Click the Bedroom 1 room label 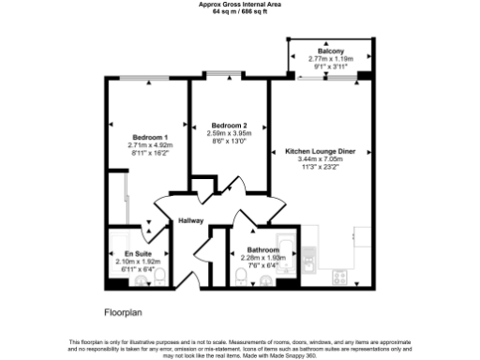(149, 137)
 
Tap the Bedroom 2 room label (229, 126)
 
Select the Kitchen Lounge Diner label (320, 151)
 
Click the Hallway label (192, 221)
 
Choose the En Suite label (138, 253)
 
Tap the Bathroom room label (261, 250)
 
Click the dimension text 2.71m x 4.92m (150, 145)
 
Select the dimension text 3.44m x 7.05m (320, 159)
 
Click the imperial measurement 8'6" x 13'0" (229, 142)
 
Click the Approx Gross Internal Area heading (240, 4)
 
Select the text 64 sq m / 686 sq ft (240, 11)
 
